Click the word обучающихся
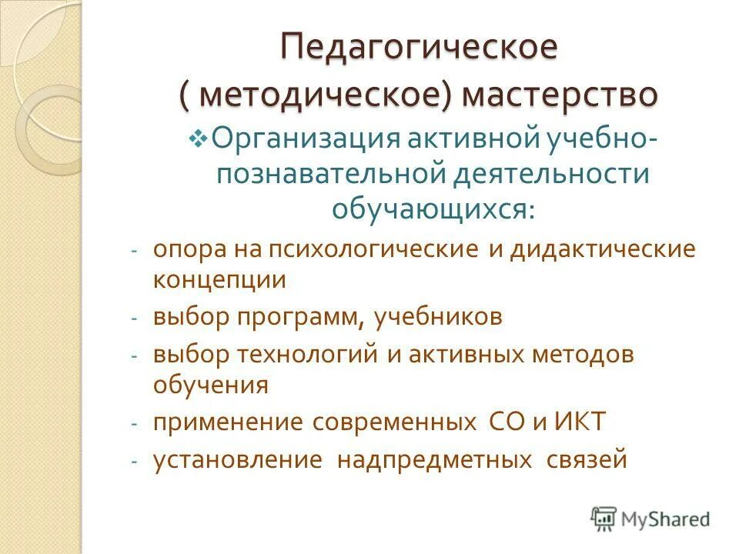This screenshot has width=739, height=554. click(x=431, y=207)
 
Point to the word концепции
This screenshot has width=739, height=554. click(x=219, y=279)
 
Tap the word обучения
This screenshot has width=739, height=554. click(x=210, y=384)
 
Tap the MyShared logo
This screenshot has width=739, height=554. click(x=650, y=519)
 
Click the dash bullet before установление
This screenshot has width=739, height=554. click(x=133, y=462)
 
